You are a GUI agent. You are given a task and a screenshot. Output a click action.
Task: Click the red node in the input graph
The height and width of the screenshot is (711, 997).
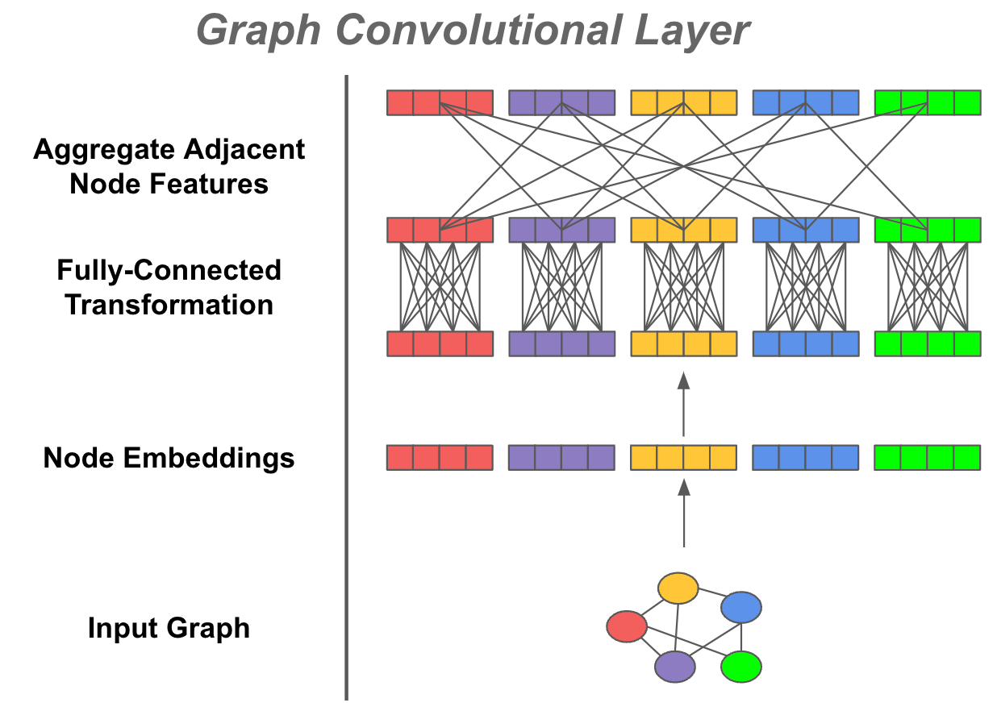tap(627, 626)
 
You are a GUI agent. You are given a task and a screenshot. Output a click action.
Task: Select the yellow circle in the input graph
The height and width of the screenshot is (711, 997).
tap(678, 589)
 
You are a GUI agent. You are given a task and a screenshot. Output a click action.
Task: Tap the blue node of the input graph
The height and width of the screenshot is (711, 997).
tap(741, 607)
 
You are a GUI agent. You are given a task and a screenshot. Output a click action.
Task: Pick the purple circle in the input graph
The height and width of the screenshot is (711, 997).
tap(674, 667)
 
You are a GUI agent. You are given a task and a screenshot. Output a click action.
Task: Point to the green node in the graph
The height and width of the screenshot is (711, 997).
tap(740, 667)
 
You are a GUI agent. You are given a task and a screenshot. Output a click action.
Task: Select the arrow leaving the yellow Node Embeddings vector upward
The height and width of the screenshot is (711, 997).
tap(683, 403)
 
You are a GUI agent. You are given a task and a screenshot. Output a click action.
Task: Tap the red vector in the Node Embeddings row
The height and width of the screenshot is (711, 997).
tap(440, 457)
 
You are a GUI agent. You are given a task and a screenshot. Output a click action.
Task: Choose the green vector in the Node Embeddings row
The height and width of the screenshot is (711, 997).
tap(927, 457)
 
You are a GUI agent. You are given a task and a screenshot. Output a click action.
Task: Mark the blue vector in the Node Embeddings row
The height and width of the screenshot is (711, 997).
tap(805, 457)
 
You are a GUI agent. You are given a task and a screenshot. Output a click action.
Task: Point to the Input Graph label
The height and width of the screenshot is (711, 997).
tap(169, 628)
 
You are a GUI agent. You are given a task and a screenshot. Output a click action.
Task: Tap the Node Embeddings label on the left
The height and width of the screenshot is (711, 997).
tap(169, 458)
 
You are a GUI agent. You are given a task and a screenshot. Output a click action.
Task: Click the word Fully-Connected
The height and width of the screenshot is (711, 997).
tap(169, 270)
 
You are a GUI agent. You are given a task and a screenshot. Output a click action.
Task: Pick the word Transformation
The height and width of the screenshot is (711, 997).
tap(169, 305)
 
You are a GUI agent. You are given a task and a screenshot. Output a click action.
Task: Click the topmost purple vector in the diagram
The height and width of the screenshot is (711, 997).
tap(561, 102)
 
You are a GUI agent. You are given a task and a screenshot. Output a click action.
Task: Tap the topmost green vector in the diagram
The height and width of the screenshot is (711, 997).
tap(927, 102)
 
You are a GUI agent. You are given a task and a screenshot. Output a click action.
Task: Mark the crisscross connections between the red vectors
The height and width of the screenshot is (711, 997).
tap(440, 286)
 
